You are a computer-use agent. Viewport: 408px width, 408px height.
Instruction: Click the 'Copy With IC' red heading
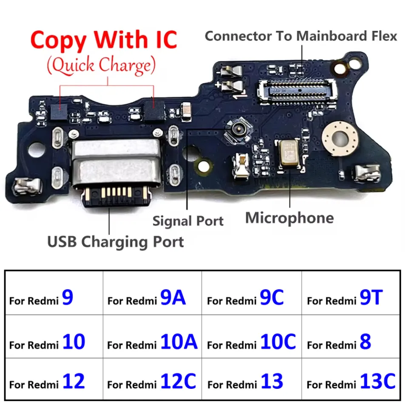[x=104, y=40]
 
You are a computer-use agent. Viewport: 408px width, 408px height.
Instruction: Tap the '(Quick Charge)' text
[x=101, y=65]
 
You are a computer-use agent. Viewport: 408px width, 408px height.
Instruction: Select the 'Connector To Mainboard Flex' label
[x=301, y=36]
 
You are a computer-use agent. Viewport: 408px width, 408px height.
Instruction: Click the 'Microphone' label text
[x=289, y=218]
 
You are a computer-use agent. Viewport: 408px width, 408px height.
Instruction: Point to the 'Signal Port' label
[x=188, y=221]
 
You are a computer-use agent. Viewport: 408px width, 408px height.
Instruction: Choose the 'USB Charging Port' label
[x=115, y=242]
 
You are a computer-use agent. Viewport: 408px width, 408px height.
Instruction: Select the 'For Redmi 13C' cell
[x=351, y=382]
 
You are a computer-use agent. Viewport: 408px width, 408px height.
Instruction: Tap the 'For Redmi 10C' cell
[x=251, y=342]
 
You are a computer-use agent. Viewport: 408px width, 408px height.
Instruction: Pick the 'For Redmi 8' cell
[x=351, y=342]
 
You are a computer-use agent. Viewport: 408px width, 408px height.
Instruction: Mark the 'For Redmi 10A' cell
[x=152, y=342]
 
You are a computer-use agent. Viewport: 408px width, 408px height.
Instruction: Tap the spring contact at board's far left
[x=27, y=184]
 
